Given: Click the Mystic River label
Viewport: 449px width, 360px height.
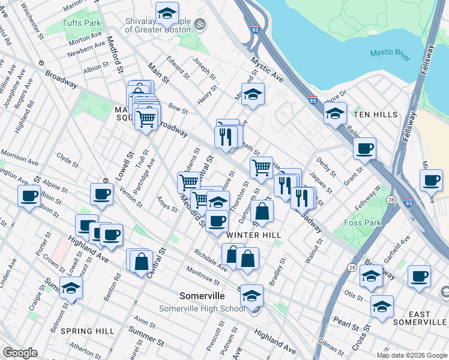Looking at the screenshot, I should click(390, 55).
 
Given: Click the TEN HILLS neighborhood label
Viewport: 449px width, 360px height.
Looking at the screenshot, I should click(375, 114).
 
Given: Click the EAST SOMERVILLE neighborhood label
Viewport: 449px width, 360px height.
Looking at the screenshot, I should click(419, 319).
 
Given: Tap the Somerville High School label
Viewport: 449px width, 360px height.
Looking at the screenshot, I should click(202, 308).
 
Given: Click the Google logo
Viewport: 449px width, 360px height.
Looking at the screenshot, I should click(20, 353).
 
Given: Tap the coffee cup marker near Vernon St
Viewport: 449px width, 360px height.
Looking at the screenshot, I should click(101, 193).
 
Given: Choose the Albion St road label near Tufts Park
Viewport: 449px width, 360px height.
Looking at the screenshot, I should click(92, 68).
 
